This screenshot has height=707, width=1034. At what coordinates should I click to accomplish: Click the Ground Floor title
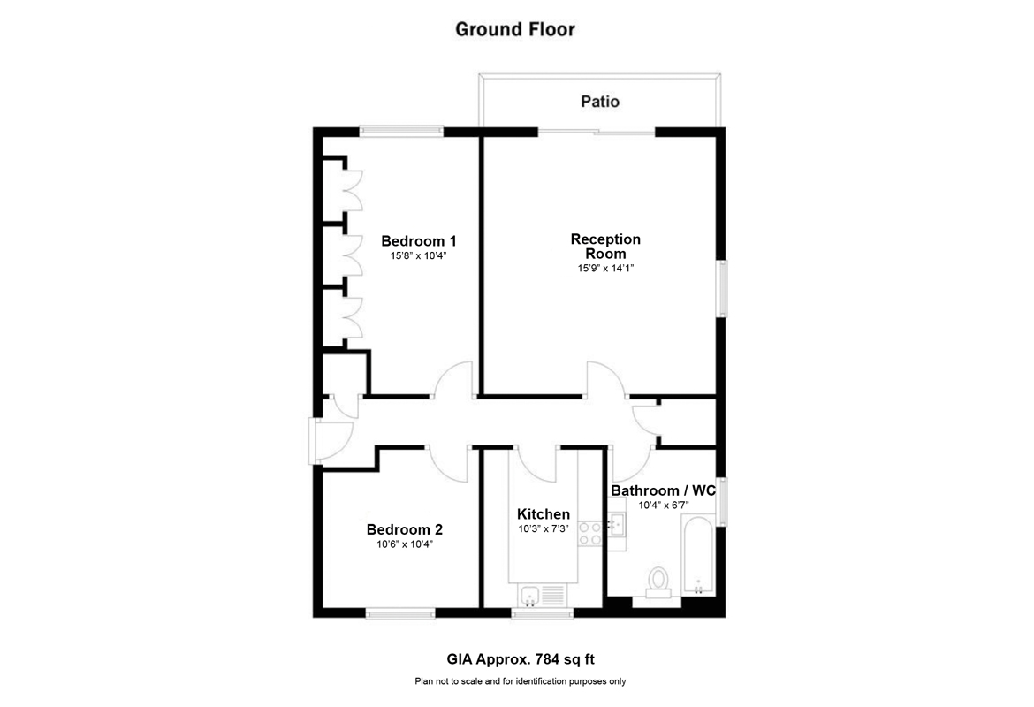514,29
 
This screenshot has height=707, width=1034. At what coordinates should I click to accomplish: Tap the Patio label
599,102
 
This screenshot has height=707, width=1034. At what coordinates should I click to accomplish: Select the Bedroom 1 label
418,240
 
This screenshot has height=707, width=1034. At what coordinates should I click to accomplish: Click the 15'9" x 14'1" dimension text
605,268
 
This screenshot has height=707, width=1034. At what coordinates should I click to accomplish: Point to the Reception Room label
605,246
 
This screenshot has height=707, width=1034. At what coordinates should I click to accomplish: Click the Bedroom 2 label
404,529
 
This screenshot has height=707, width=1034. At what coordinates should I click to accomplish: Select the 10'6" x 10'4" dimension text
404,544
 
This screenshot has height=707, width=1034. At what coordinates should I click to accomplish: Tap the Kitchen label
543,514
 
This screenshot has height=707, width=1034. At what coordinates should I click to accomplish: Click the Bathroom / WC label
663,490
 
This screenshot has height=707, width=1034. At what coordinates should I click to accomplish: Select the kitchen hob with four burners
589,533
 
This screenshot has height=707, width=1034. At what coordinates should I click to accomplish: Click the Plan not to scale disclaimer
520,681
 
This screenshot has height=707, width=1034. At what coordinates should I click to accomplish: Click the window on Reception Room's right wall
721,288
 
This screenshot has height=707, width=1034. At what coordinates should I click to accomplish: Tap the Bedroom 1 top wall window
401,132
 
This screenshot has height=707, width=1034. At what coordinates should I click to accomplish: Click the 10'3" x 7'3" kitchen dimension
543,529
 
